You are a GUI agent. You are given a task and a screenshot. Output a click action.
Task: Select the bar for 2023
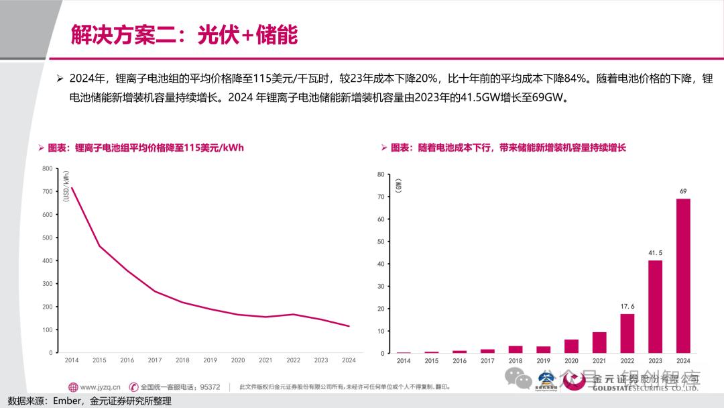point(655,306)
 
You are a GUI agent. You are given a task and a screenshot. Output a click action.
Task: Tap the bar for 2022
point(627,333)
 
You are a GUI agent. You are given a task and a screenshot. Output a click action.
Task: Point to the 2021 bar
point(599,342)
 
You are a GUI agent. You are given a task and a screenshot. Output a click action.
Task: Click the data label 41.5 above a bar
point(655,253)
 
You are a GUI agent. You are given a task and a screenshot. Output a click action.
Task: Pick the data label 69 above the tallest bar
point(683,192)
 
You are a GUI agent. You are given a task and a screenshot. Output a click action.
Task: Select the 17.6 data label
point(627,307)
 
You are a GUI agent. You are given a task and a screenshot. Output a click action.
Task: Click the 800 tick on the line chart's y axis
point(47,168)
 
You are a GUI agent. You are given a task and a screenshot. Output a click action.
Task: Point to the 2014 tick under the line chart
point(72,360)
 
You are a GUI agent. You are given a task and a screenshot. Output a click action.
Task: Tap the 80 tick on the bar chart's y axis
point(381,174)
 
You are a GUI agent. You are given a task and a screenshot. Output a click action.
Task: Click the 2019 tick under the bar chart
point(543,361)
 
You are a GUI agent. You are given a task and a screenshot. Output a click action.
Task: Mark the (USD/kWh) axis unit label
point(66,186)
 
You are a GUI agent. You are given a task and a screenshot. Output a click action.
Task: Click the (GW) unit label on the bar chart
point(398,185)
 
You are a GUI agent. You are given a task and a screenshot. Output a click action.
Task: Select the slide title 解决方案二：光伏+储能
point(184,35)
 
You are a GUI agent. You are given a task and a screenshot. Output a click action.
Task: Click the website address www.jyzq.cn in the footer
point(100,387)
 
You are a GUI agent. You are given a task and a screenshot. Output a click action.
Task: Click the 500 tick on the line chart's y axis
point(47,238)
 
